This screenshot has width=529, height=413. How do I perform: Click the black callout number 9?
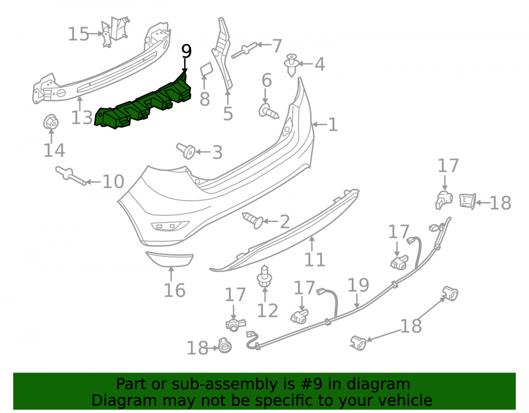click(186, 51)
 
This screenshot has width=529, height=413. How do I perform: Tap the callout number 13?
click(81, 118)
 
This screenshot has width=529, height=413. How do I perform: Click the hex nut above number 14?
click(51, 122)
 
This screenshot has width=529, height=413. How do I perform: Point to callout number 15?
click(78, 34)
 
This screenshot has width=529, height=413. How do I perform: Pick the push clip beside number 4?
click(291, 65)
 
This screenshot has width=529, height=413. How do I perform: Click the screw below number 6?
click(269, 111)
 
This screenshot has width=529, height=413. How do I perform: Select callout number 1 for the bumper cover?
click(333, 124)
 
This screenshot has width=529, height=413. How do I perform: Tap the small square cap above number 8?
click(205, 70)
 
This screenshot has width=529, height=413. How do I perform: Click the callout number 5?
click(228, 114)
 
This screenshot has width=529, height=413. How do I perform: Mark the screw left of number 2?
click(253, 220)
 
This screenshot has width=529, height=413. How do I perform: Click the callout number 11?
click(314, 260)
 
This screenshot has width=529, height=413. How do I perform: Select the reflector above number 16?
click(169, 259)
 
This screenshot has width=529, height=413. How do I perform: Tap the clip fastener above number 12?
click(264, 276)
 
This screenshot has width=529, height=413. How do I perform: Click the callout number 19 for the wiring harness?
click(358, 285)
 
